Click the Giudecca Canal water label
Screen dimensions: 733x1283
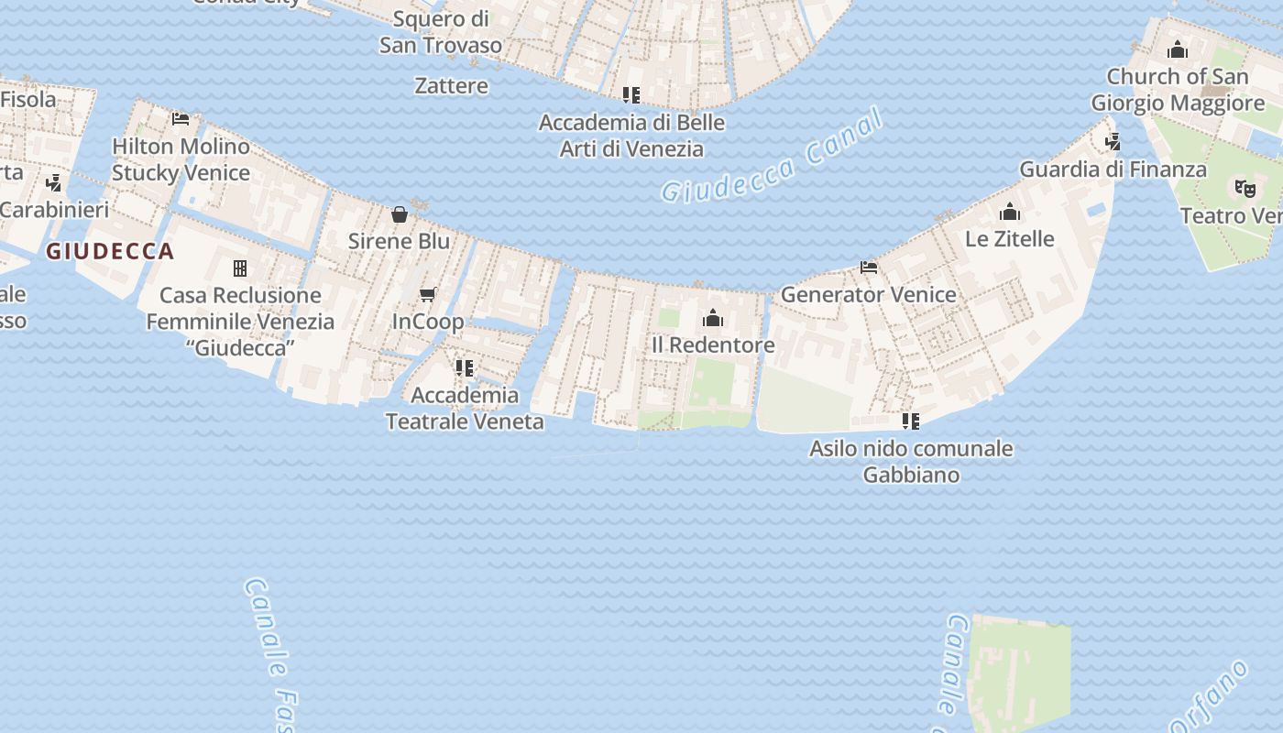click(x=773, y=156)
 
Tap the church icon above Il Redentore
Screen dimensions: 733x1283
click(x=713, y=318)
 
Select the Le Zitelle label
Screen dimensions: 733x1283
click(x=1010, y=238)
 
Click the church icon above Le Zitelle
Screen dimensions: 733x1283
click(x=1010, y=213)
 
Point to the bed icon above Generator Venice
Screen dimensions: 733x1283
click(x=869, y=268)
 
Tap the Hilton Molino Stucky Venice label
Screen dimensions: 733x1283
click(x=181, y=159)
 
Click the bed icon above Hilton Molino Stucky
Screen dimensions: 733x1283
click(x=181, y=119)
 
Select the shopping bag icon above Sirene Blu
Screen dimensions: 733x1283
click(x=400, y=214)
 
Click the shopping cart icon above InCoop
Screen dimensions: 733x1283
click(x=427, y=294)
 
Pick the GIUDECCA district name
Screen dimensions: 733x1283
click(x=110, y=251)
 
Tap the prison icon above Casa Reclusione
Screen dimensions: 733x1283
click(x=240, y=268)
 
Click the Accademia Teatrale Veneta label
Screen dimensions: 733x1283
click(x=465, y=409)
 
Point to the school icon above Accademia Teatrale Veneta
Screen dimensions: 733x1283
click(x=465, y=368)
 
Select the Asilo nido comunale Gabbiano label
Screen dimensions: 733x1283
click(x=911, y=461)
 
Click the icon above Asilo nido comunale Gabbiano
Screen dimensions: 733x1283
click(x=911, y=421)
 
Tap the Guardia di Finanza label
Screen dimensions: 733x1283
click(x=1113, y=170)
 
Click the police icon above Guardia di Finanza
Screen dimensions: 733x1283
click(x=1113, y=142)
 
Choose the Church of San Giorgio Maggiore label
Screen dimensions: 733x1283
click(x=1178, y=89)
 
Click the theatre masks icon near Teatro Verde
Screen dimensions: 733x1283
click(x=1244, y=188)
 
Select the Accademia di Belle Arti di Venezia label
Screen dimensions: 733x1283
click(x=631, y=136)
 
